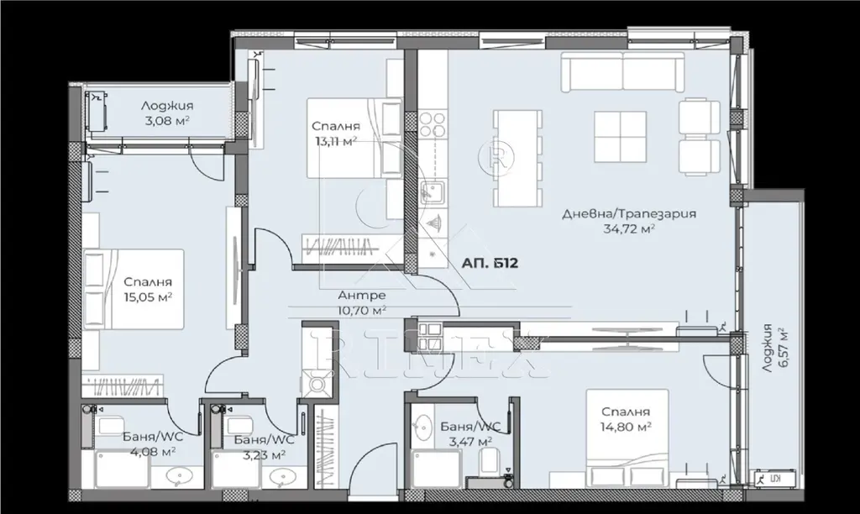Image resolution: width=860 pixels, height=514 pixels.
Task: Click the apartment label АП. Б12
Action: [490, 264]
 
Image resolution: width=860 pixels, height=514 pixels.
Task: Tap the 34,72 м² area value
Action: [629, 228]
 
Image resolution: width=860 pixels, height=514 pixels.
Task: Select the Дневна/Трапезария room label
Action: [629, 213]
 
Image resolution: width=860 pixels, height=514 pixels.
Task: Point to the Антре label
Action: [361, 296]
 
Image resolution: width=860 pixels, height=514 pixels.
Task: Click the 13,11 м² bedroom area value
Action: [336, 142]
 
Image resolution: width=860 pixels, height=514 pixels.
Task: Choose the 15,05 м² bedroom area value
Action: [148, 296]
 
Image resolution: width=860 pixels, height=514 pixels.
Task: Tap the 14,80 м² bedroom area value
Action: [626, 426]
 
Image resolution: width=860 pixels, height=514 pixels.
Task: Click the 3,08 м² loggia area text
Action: [167, 120]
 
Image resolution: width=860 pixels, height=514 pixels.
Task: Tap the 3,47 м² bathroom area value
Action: [470, 440]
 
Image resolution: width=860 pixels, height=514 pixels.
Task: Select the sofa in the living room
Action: [622, 71]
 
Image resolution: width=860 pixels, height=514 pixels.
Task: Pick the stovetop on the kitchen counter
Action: [433, 125]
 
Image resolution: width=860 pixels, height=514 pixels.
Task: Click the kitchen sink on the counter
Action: [433, 192]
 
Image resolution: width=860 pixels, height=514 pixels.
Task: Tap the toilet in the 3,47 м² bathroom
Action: [488, 461]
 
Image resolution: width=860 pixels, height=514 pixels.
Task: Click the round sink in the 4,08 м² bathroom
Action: [178, 477]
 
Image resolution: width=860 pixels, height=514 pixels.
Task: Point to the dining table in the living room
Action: [517, 158]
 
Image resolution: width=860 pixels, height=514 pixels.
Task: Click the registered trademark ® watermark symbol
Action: [492, 157]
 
